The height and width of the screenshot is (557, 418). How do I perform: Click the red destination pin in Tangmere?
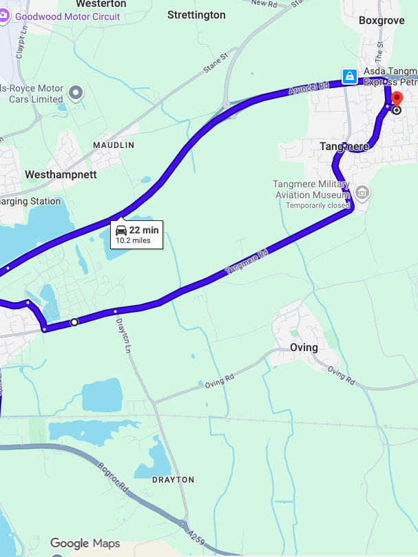(x=396, y=99)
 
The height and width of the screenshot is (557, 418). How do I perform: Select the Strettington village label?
(x=196, y=14)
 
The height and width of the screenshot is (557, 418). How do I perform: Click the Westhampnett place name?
(x=61, y=175)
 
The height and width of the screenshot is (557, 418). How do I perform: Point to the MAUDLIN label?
(x=114, y=145)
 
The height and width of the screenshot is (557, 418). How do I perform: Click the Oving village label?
(x=304, y=347)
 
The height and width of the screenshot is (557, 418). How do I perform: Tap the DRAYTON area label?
(x=174, y=479)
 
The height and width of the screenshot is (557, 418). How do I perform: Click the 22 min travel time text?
(x=144, y=230)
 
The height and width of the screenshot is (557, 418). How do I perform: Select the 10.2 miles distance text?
(x=133, y=240)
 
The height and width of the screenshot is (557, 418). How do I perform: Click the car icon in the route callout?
(x=121, y=230)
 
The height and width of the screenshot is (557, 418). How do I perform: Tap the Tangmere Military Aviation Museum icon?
(x=362, y=192)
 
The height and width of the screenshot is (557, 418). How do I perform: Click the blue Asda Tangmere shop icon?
(x=349, y=75)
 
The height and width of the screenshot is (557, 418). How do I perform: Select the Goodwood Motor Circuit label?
(x=67, y=17)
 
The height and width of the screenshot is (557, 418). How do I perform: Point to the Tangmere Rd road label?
(x=247, y=263)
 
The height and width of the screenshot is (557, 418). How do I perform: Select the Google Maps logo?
(x=85, y=544)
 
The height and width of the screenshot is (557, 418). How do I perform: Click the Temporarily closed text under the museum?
(x=318, y=205)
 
